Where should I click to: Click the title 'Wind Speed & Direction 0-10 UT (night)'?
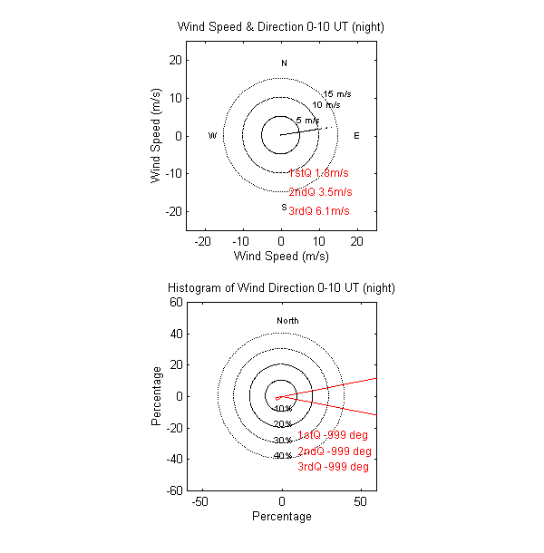(x=281, y=26)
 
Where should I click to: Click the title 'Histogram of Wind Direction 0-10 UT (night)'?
(x=281, y=287)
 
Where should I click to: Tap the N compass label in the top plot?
(x=284, y=63)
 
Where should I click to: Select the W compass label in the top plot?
(x=212, y=136)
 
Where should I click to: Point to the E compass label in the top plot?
(x=356, y=136)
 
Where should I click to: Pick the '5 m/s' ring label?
(x=307, y=121)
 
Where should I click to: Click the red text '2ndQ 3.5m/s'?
(x=319, y=192)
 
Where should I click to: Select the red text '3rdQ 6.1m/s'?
(x=319, y=211)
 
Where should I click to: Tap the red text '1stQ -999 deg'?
(x=334, y=435)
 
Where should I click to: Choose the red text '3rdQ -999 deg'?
(x=334, y=467)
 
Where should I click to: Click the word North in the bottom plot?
(x=287, y=321)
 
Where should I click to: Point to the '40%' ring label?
(x=282, y=456)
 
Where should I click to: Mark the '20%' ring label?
(x=282, y=424)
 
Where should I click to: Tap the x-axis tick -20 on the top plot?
(x=204, y=241)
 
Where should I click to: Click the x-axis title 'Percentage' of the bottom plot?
(x=281, y=517)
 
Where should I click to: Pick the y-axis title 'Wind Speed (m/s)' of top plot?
(x=156, y=136)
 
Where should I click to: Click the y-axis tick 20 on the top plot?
(x=178, y=60)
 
